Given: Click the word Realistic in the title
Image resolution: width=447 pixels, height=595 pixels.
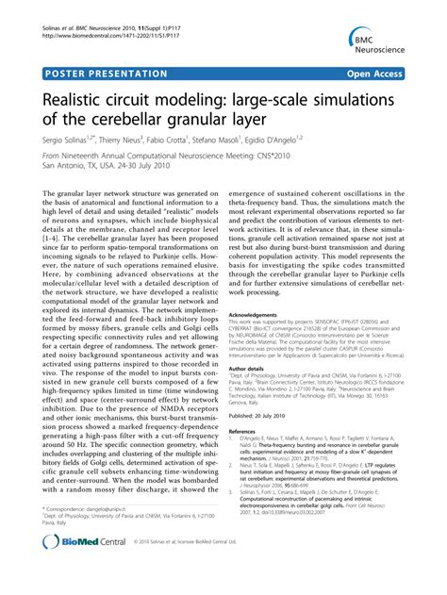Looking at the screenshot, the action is tap(81, 98).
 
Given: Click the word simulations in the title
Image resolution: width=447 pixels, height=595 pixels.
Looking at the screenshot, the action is tap(352, 98).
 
